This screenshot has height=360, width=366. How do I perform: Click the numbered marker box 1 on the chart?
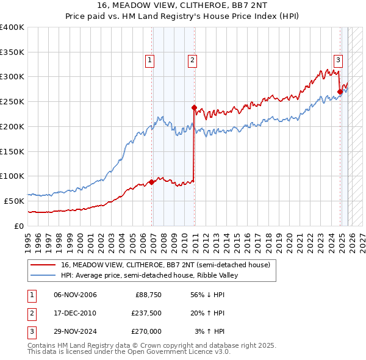pos(149,60)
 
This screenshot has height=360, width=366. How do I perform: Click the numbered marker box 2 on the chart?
pos(192,60)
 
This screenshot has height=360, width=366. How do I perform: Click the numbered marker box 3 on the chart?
pos(338,60)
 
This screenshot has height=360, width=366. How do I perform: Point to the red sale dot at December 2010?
pos(195,107)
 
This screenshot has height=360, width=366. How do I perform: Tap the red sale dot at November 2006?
pos(152,182)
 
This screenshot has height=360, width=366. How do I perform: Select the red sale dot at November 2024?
pos(340,92)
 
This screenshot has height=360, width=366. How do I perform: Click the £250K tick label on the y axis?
pos(12,102)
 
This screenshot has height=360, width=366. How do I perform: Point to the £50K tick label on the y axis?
pos(14,201)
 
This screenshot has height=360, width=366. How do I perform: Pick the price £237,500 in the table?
pos(146,313)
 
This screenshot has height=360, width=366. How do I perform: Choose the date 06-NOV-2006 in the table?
pos(75,295)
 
